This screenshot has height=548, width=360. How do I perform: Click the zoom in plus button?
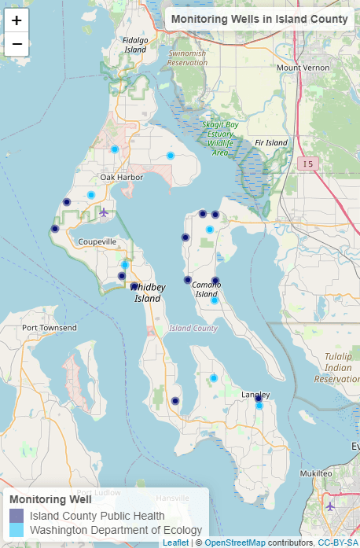[x=17, y=20]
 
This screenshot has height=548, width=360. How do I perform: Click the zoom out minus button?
[x=17, y=44]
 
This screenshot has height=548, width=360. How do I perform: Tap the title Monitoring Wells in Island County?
[x=259, y=19]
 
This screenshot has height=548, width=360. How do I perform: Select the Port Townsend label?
[x=50, y=327]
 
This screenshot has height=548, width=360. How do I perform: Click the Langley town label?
[x=255, y=394]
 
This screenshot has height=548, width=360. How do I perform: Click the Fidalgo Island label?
[x=135, y=45]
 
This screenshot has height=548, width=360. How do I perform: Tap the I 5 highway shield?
[x=307, y=163]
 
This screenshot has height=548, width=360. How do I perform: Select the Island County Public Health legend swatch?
[x=16, y=516]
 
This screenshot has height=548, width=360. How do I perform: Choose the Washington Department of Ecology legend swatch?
[x=16, y=530]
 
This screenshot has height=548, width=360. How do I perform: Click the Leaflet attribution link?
[x=176, y=542]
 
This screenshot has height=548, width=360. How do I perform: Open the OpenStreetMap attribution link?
[x=234, y=542]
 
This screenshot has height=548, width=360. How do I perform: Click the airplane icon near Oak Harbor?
[x=104, y=212]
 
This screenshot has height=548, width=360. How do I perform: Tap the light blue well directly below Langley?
[x=259, y=406]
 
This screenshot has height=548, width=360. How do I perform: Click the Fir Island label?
[x=271, y=143]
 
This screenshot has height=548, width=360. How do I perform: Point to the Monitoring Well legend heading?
[x=50, y=499]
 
